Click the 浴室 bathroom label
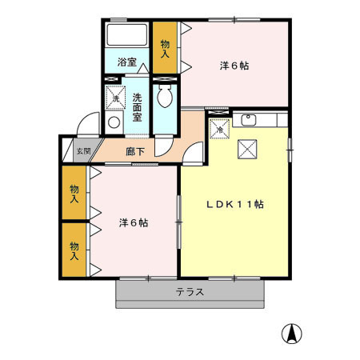[126, 62]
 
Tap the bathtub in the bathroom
[127, 35]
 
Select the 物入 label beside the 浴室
[166, 48]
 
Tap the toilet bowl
[166, 99]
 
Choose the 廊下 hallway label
[134, 150]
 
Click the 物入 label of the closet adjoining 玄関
[74, 193]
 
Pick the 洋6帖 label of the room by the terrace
[133, 222]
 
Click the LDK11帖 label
[235, 204]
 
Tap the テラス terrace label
[190, 292]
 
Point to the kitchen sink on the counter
[248, 121]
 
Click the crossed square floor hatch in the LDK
[246, 147]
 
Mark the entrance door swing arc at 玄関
[84, 126]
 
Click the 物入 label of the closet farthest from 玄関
[74, 250]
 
